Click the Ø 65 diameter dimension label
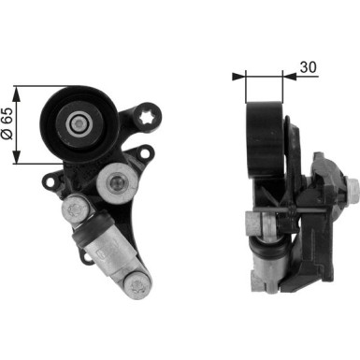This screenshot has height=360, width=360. tap(7, 124)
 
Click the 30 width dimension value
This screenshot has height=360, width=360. tap(308, 67)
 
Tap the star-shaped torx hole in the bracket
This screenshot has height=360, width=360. tap(146, 118)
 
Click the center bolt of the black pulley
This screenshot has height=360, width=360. tap(79, 124)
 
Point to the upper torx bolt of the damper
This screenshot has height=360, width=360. tap(74, 209)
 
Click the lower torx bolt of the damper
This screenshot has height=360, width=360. tap(137, 284)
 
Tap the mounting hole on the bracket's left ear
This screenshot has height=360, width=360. tap(49, 181)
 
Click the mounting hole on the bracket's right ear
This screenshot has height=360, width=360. tap(145, 153)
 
